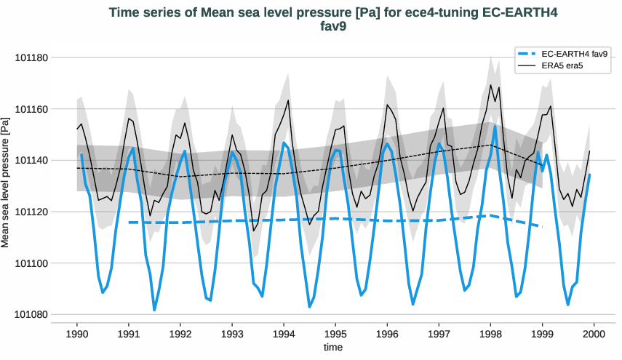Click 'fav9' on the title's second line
332,27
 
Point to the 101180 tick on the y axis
37,57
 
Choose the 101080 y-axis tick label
37,315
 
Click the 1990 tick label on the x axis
77,335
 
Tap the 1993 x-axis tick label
232,335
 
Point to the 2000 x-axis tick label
594,335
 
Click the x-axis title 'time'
332,348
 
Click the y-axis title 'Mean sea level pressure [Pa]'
7,186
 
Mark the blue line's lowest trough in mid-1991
154,311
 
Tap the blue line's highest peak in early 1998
495,127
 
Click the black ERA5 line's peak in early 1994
288,100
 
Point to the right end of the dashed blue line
542,227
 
